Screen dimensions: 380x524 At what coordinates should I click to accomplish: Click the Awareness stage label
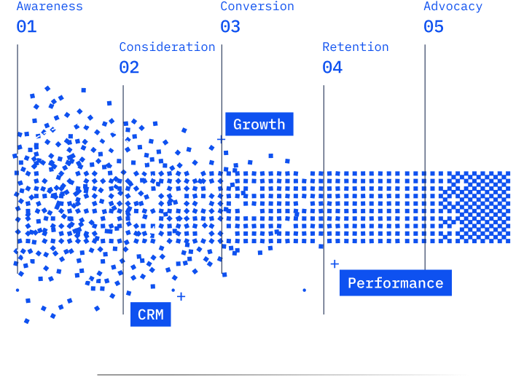pyautogui.click(x=50, y=7)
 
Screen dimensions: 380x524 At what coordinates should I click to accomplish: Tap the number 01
pyautogui.click(x=26, y=28)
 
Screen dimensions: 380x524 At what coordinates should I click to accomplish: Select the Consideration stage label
pyautogui.click(x=167, y=47)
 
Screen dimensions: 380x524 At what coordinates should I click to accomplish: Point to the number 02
pyautogui.click(x=129, y=68)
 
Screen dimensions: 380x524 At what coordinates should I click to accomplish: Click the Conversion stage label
pyautogui.click(x=257, y=7)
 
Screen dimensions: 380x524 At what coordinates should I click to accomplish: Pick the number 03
pyautogui.click(x=230, y=28)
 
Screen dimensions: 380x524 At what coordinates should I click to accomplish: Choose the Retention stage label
pyautogui.click(x=356, y=47)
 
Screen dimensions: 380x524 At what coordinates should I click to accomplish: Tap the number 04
pyautogui.click(x=332, y=68)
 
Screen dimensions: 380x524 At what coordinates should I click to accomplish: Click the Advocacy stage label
pyautogui.click(x=453, y=7)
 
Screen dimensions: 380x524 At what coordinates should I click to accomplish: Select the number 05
pyautogui.click(x=434, y=28)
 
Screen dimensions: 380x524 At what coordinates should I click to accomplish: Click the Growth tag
pyautogui.click(x=259, y=124)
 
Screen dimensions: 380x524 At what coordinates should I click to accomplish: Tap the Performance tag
pyautogui.click(x=395, y=283)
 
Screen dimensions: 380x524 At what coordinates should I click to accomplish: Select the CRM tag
pyautogui.click(x=151, y=315)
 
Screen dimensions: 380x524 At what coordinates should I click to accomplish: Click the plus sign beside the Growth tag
pyautogui.click(x=222, y=139)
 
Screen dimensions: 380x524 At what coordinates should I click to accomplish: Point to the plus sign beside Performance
pyautogui.click(x=335, y=264)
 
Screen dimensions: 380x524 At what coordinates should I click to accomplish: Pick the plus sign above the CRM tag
pyautogui.click(x=181, y=296)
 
